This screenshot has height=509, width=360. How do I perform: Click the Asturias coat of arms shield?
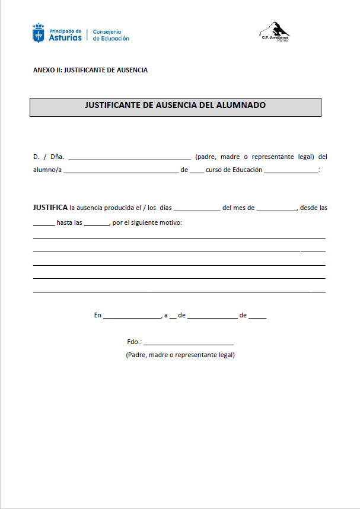(x=38, y=33)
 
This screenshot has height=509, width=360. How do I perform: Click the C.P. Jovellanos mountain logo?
(x=275, y=30)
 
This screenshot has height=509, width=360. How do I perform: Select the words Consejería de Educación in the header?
(x=111, y=35)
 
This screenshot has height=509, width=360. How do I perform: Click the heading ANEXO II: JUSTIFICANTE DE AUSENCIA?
(x=90, y=70)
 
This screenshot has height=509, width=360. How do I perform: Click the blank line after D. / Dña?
(x=129, y=158)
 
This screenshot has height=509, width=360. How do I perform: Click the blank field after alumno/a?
(x=120, y=171)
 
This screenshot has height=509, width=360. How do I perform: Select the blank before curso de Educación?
(x=197, y=171)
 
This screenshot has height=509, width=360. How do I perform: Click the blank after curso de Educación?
(x=291, y=171)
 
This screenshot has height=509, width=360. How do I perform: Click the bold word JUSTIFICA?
(x=50, y=208)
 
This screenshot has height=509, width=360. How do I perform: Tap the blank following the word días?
(x=197, y=209)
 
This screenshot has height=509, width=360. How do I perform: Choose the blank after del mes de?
(x=276, y=209)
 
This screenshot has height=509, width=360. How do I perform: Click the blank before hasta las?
(x=43, y=224)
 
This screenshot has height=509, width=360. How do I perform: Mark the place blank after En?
(x=132, y=317)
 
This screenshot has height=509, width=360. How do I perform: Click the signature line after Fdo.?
(x=189, y=343)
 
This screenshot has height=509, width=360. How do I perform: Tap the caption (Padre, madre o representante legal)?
(x=180, y=355)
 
